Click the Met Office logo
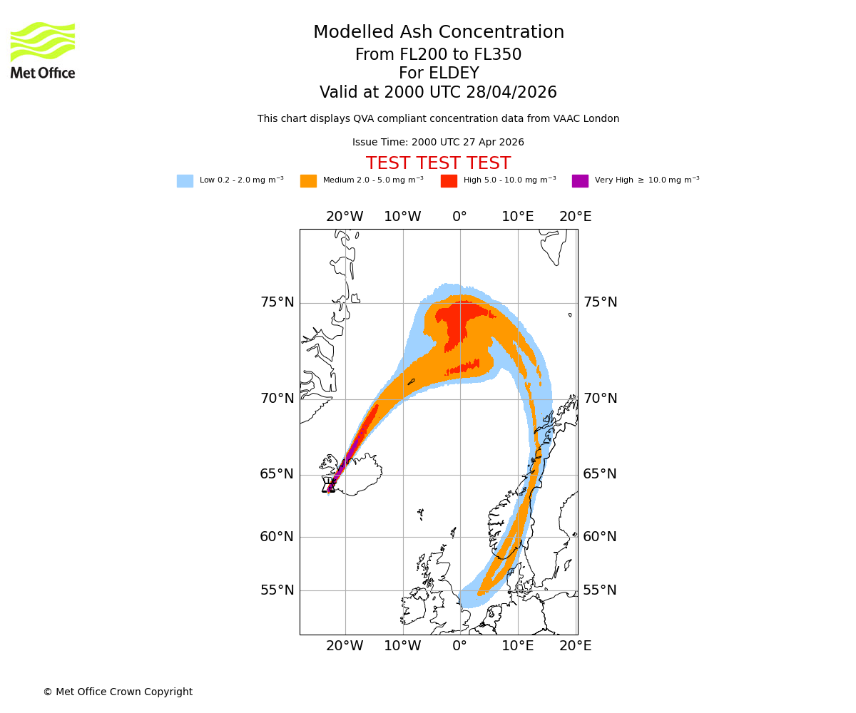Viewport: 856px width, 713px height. pos(43,50)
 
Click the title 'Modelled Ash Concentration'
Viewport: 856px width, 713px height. pos(439,33)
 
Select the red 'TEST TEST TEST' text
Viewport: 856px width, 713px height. pos(438,164)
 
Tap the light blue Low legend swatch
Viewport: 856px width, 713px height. pos(185,181)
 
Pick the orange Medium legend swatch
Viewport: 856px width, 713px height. pos(308,181)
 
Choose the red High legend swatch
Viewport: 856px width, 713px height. pos(449,181)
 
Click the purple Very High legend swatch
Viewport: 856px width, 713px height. pos(580,181)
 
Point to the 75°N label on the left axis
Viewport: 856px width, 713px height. pos(277,302)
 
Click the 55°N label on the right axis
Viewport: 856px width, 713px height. pos(600,590)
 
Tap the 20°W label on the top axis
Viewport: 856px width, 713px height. pos(345,217)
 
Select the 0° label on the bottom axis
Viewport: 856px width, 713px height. pos(460,646)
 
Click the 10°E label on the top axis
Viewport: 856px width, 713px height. pos(518,217)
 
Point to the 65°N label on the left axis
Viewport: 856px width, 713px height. pos(277,474)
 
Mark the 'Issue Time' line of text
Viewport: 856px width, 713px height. pos(438,143)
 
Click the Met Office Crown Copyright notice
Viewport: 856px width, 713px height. pos(118,692)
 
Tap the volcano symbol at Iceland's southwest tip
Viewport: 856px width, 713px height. pos(329,486)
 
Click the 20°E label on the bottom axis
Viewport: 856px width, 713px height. pos(575,646)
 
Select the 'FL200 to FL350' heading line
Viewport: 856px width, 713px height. pos(439,55)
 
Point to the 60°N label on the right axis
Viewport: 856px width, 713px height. pos(600,537)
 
